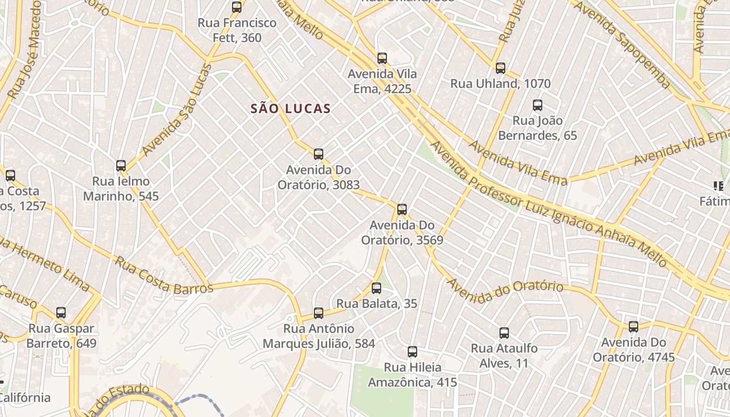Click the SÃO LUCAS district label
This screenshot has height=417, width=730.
(x=290, y=108)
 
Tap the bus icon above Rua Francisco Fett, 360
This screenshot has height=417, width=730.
(x=237, y=7)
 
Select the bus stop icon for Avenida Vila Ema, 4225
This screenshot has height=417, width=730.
(x=382, y=58)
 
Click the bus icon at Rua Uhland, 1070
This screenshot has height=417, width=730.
(x=501, y=68)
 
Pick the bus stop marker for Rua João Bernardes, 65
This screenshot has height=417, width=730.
(x=538, y=105)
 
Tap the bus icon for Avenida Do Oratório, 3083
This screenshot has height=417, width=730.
(x=319, y=154)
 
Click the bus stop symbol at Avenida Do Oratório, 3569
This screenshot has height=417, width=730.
(x=402, y=210)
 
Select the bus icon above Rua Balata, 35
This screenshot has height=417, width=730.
(x=376, y=288)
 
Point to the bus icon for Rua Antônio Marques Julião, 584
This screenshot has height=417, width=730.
(x=319, y=313)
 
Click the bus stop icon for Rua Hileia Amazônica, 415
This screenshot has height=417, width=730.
(x=412, y=351)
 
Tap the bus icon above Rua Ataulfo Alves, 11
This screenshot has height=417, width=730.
(x=504, y=333)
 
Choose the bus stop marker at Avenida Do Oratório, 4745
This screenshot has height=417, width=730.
(x=634, y=327)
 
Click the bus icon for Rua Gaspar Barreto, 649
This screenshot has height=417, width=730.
(x=61, y=313)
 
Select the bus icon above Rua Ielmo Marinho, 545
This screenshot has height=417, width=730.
(x=121, y=166)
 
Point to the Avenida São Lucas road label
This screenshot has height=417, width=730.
(x=178, y=110)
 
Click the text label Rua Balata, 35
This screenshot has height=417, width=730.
(x=376, y=303)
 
